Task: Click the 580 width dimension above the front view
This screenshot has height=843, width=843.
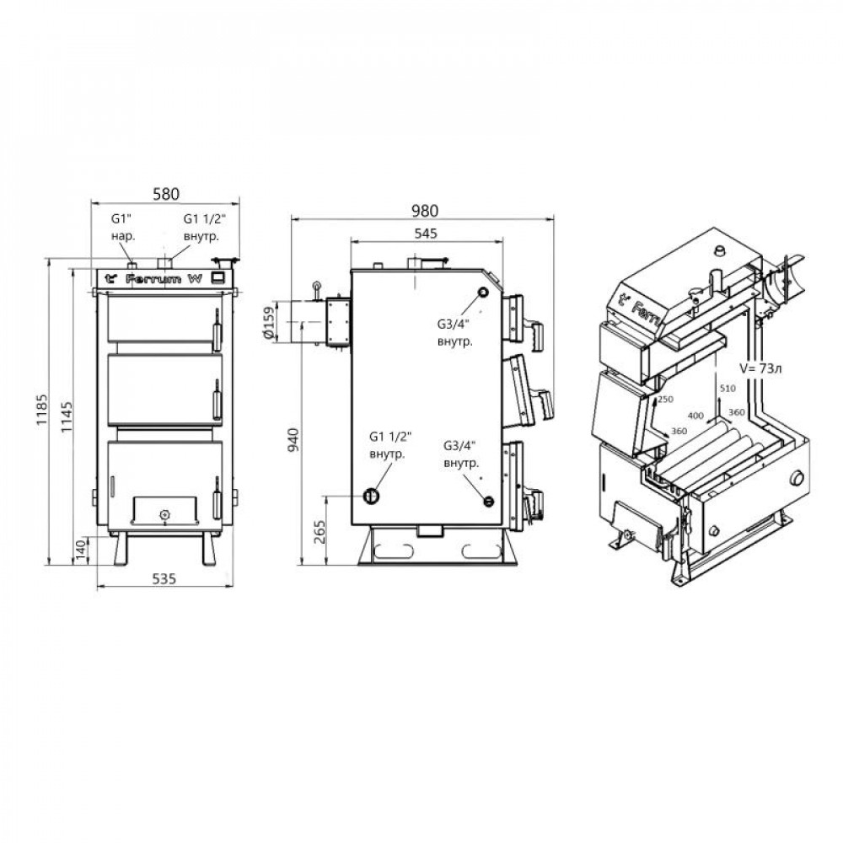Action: coord(165,194)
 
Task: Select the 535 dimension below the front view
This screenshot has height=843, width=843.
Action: coord(164,578)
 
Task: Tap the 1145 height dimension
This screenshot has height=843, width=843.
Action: coord(67,413)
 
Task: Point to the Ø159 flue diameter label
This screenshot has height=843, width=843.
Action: coord(269,323)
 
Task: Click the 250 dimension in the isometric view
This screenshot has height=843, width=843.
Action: coord(664,400)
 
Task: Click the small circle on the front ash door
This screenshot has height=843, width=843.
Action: coord(165,513)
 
